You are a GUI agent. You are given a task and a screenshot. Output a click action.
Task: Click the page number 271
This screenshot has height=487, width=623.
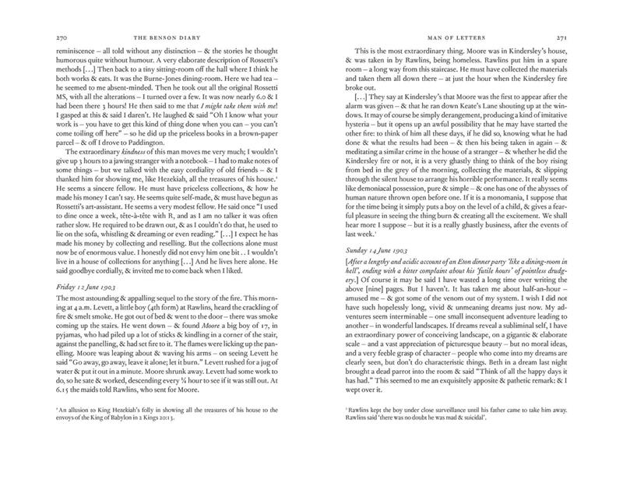573,36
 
